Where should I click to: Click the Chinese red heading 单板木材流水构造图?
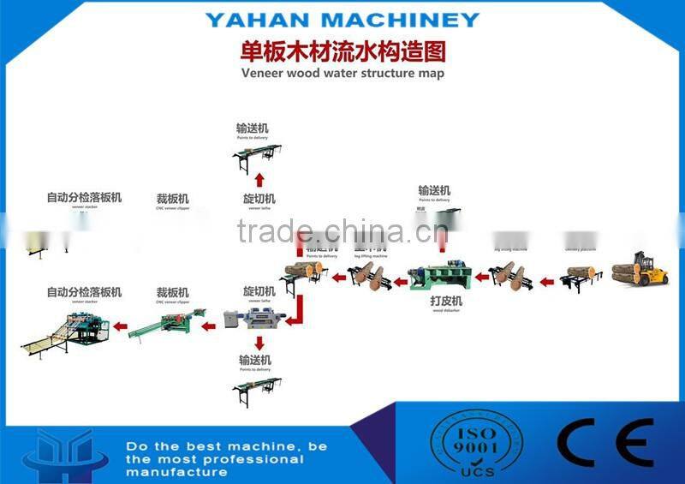[x=342, y=51]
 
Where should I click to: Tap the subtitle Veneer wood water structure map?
[x=342, y=74]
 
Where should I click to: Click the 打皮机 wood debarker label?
[x=445, y=302]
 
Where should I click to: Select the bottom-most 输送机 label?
[x=255, y=361]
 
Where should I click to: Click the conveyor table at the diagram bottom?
[x=257, y=390]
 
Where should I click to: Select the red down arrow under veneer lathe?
[x=255, y=341]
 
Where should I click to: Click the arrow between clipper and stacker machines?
[x=121, y=326]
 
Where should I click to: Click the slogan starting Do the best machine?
[x=214, y=459]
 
